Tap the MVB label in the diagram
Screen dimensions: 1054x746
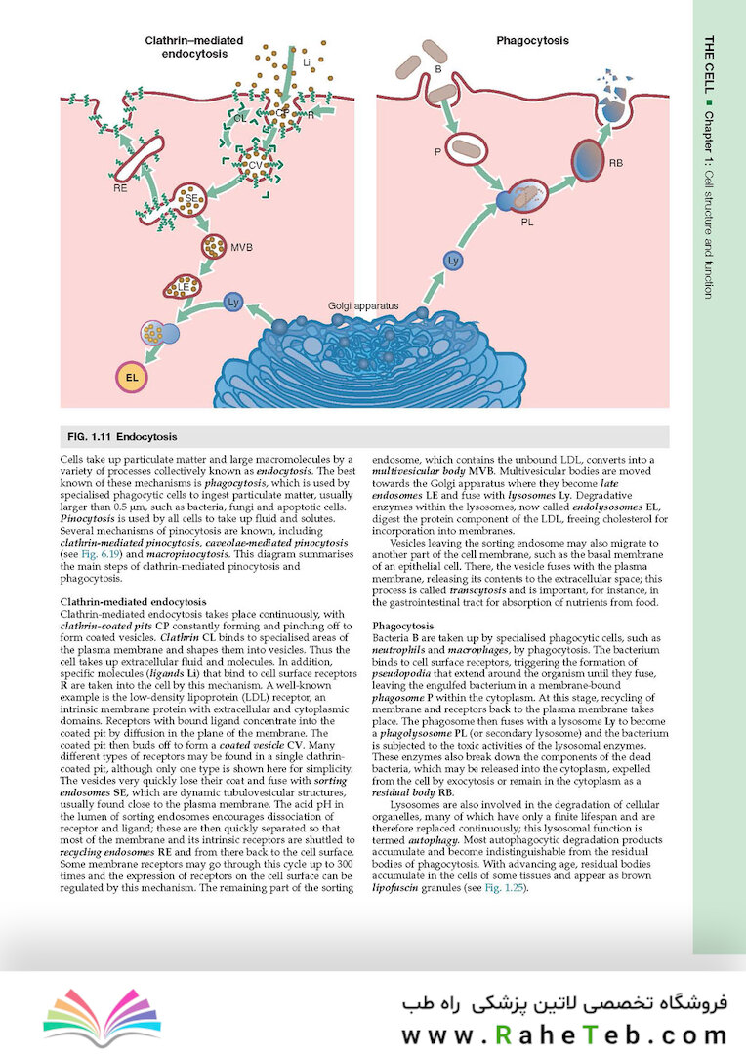tap(241, 248)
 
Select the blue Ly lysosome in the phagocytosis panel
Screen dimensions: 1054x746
tap(452, 261)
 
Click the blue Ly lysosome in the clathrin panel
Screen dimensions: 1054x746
tap(233, 302)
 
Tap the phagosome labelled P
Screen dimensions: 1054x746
tap(465, 151)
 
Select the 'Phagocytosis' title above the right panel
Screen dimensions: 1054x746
tap(532, 42)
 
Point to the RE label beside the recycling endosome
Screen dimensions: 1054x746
tap(119, 187)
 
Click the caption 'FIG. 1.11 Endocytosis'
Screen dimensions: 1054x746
tap(121, 436)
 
